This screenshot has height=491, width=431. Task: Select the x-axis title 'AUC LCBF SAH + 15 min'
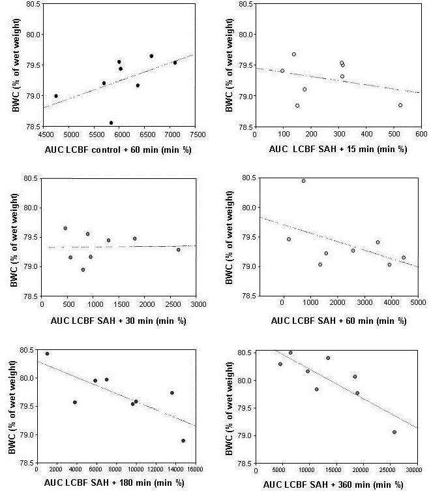[x=338, y=150]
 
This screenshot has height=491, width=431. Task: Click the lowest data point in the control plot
[x=111, y=122]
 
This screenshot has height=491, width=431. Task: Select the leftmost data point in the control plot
[x=56, y=96]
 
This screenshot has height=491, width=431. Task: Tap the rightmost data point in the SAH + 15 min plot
[x=400, y=105]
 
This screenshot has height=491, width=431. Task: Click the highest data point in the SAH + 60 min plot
[x=303, y=181]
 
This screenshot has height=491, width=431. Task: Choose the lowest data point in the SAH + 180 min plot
[x=183, y=440]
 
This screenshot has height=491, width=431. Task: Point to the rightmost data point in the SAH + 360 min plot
[x=394, y=432]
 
